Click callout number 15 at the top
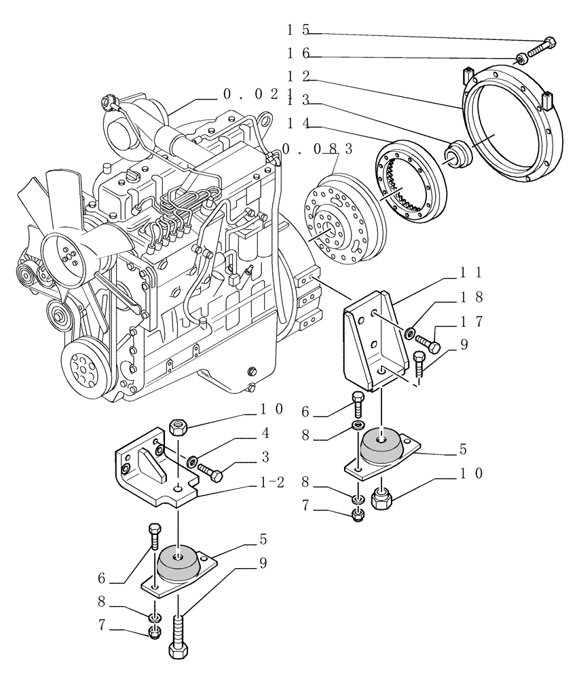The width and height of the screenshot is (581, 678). (298, 30)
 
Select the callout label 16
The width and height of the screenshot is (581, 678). (298, 53)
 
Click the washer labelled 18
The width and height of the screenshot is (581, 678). (411, 333)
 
